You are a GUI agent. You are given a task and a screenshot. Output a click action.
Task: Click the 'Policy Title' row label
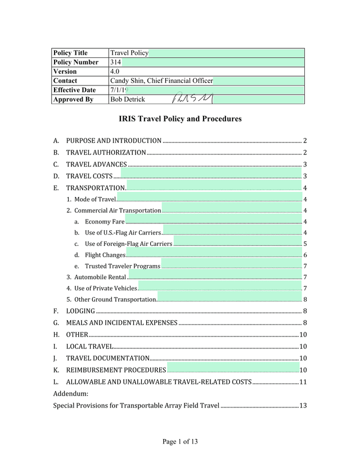click(70, 53)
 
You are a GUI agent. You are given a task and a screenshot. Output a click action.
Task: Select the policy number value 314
click(115, 62)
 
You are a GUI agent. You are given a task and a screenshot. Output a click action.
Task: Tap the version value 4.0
click(116, 71)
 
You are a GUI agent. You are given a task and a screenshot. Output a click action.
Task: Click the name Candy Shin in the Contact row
click(127, 81)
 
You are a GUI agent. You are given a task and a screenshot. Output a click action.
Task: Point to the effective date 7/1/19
click(119, 90)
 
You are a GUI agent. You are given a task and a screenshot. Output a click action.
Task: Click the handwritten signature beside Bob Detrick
click(185, 99)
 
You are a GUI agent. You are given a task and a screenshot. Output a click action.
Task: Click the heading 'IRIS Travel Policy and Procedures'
click(180, 119)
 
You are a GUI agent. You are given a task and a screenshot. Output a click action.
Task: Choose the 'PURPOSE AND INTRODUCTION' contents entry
click(114, 141)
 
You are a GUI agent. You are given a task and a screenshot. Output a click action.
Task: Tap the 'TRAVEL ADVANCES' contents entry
click(96, 164)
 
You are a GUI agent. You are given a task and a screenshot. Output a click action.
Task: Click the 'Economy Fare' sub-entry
click(105, 222)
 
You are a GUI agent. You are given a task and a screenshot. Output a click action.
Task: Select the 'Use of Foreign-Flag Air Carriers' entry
click(128, 244)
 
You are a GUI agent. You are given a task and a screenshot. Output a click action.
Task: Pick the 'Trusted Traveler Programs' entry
click(123, 266)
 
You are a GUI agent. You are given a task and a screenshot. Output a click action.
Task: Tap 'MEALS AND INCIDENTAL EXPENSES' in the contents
click(121, 323)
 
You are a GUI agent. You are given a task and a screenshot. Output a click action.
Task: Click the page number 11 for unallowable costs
click(303, 382)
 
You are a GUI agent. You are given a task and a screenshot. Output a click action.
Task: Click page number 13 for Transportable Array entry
click(303, 405)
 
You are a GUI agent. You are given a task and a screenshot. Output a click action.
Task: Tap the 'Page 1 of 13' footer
click(180, 442)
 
